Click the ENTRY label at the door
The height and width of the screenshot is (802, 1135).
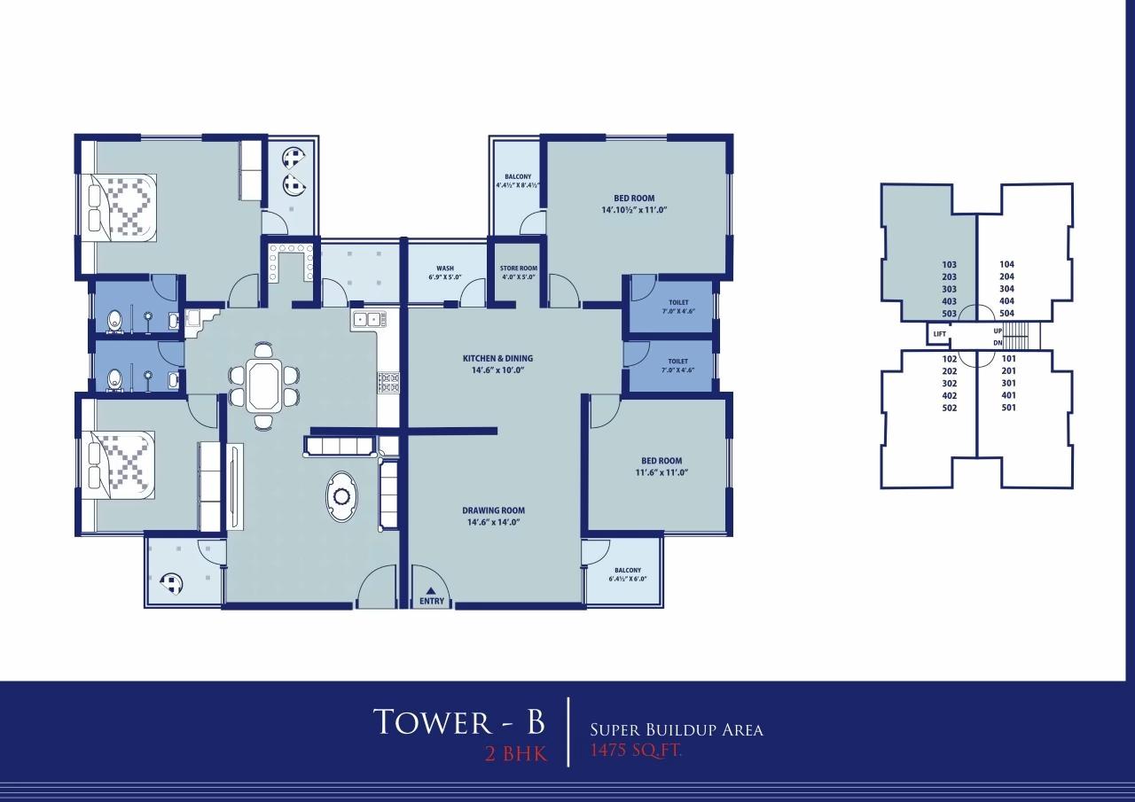click(x=432, y=602)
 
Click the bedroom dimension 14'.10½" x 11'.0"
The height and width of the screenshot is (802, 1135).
click(x=633, y=211)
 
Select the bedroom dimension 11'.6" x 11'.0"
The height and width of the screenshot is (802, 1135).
click(x=661, y=473)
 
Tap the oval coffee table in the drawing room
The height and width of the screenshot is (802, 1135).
click(x=341, y=495)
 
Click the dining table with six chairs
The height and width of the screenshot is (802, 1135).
click(x=263, y=385)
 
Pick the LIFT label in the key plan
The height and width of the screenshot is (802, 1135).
click(x=939, y=334)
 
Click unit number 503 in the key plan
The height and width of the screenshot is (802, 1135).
click(x=950, y=314)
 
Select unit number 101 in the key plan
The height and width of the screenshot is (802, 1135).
click(x=1007, y=359)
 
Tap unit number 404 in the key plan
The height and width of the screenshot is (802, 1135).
click(x=1006, y=301)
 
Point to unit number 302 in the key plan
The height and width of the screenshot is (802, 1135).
click(x=950, y=384)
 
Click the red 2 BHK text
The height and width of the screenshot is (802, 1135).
click(x=512, y=755)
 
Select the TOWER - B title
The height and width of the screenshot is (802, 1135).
click(x=458, y=722)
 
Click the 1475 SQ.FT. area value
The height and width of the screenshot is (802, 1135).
click(x=636, y=751)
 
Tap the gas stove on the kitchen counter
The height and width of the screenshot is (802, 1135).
click(x=388, y=382)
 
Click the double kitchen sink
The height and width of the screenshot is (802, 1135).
click(x=366, y=319)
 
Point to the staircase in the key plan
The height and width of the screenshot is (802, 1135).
click(x=1019, y=336)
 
